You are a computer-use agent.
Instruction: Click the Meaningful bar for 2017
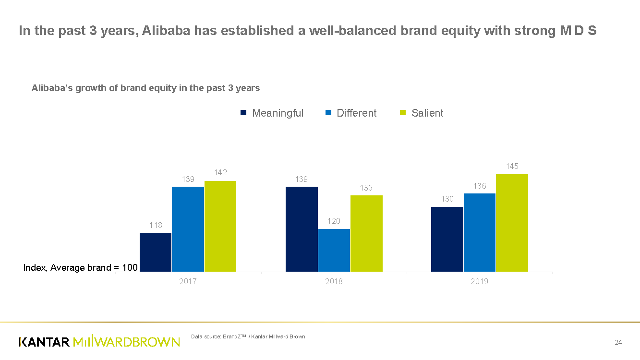[x=156, y=252]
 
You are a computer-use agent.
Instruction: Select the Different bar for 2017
[x=188, y=229]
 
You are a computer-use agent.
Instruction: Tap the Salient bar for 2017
[x=220, y=226]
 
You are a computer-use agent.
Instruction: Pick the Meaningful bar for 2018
[x=302, y=229]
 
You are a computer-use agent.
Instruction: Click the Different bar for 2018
[x=334, y=250]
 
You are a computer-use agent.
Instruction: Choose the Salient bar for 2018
[x=366, y=233]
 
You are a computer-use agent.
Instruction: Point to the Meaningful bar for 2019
[x=447, y=239]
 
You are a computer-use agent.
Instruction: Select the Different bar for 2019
[x=479, y=232]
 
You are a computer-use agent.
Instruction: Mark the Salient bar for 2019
[x=512, y=223]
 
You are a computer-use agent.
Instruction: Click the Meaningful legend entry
[x=272, y=113]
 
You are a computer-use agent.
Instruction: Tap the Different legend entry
[x=351, y=113]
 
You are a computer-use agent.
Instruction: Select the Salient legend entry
[x=422, y=113]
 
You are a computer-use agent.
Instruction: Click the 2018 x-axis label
[x=334, y=281]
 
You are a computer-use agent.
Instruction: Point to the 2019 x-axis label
[x=479, y=281]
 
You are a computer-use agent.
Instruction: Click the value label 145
[x=512, y=166]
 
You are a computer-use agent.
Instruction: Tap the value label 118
[x=156, y=225]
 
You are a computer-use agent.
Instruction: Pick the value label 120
[x=334, y=221]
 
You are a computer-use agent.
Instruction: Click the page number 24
[x=618, y=342]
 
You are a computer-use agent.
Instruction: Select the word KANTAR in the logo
[x=44, y=342]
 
